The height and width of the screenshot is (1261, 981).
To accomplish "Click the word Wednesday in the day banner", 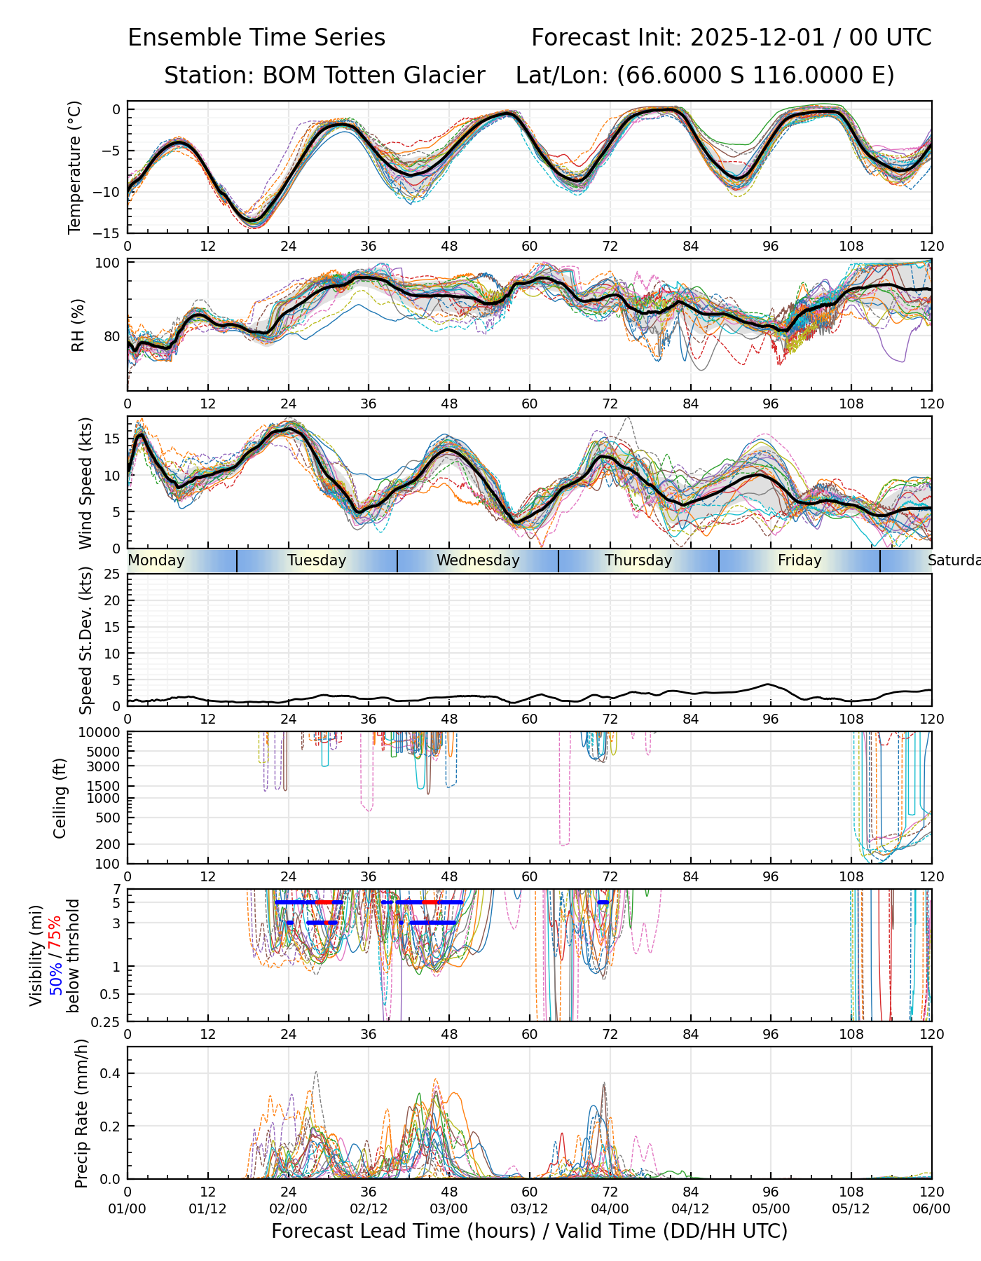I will (478, 560).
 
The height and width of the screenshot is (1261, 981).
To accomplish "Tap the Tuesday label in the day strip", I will (317, 560).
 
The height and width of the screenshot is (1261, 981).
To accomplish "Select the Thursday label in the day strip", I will (638, 560).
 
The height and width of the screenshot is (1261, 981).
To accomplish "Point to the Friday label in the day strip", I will (800, 560).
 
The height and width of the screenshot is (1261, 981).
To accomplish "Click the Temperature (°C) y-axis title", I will (75, 167).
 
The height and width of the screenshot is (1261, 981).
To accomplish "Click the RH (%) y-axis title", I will (77, 325).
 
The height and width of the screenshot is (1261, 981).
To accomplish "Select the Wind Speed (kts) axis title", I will (85, 483).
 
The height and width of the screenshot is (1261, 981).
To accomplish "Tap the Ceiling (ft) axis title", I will (60, 798).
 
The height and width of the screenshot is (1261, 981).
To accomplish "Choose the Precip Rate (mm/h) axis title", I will (81, 1113).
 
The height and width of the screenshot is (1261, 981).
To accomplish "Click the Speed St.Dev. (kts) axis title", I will (85, 640).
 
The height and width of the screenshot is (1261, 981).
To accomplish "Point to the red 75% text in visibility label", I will (55, 931).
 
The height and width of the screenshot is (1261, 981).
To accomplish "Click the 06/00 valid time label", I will (931, 1209).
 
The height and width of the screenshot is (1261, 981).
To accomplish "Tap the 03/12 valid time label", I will (529, 1209).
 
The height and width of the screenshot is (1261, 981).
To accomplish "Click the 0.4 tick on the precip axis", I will (111, 1074).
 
